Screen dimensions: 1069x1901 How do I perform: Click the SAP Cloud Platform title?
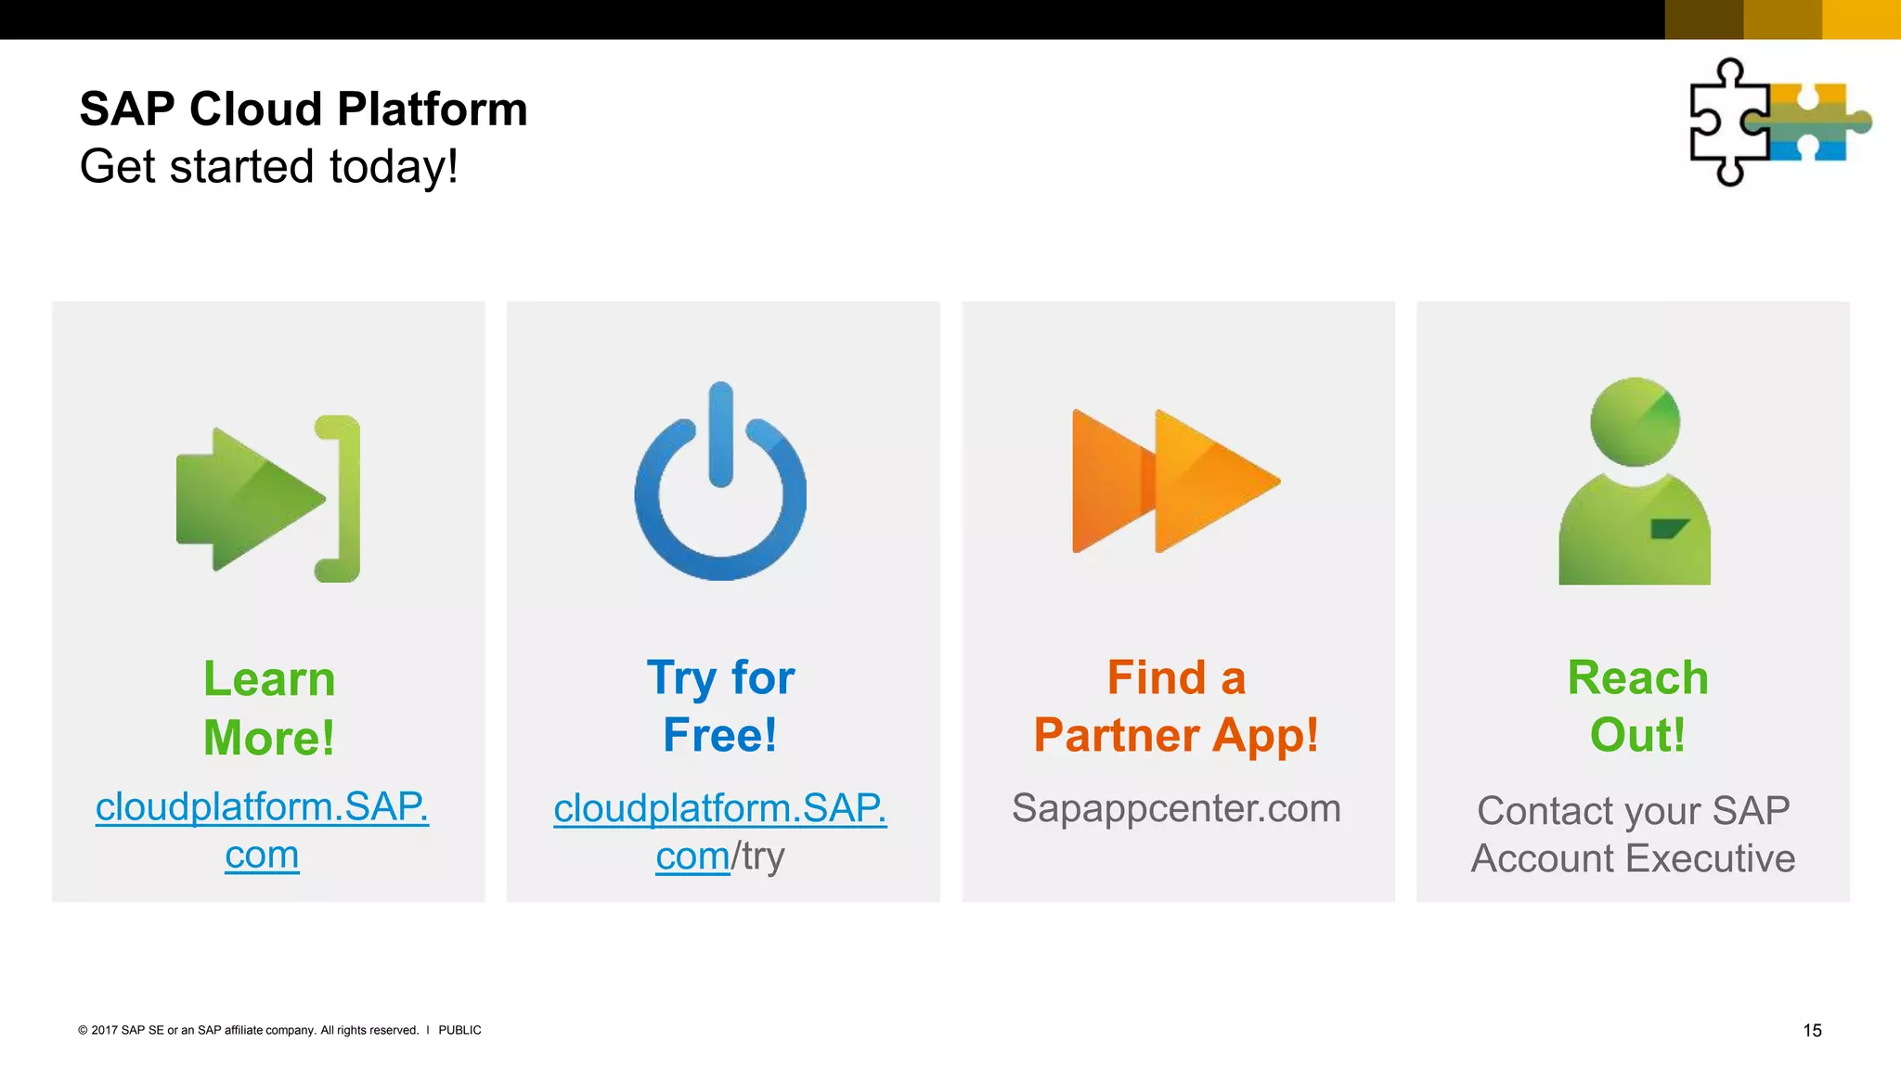point(304,109)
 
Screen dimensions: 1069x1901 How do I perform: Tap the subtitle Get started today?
point(269,167)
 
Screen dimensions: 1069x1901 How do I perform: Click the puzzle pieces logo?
point(1779,122)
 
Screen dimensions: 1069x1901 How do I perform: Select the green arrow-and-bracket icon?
point(268,499)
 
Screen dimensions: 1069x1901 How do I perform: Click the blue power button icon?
point(720,483)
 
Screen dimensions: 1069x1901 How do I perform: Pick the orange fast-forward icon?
point(1176,481)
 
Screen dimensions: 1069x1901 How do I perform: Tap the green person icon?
point(1634,483)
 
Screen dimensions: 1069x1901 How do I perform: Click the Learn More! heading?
point(269,708)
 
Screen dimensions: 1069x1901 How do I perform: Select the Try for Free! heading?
point(720,706)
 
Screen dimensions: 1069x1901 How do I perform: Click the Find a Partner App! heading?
point(1176,706)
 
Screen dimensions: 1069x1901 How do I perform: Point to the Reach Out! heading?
point(1637,706)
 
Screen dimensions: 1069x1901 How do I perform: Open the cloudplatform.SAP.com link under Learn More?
point(262,807)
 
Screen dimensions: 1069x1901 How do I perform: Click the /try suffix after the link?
point(759,856)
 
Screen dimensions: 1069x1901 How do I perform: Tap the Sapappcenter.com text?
point(1176,808)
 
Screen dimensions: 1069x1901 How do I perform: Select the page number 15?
point(1812,1030)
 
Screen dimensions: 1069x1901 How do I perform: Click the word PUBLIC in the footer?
point(459,1030)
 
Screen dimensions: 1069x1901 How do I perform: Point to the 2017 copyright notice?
point(248,1030)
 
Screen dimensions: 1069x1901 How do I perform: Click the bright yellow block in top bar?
point(1861,19)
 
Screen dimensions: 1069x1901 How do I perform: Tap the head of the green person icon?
point(1635,422)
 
